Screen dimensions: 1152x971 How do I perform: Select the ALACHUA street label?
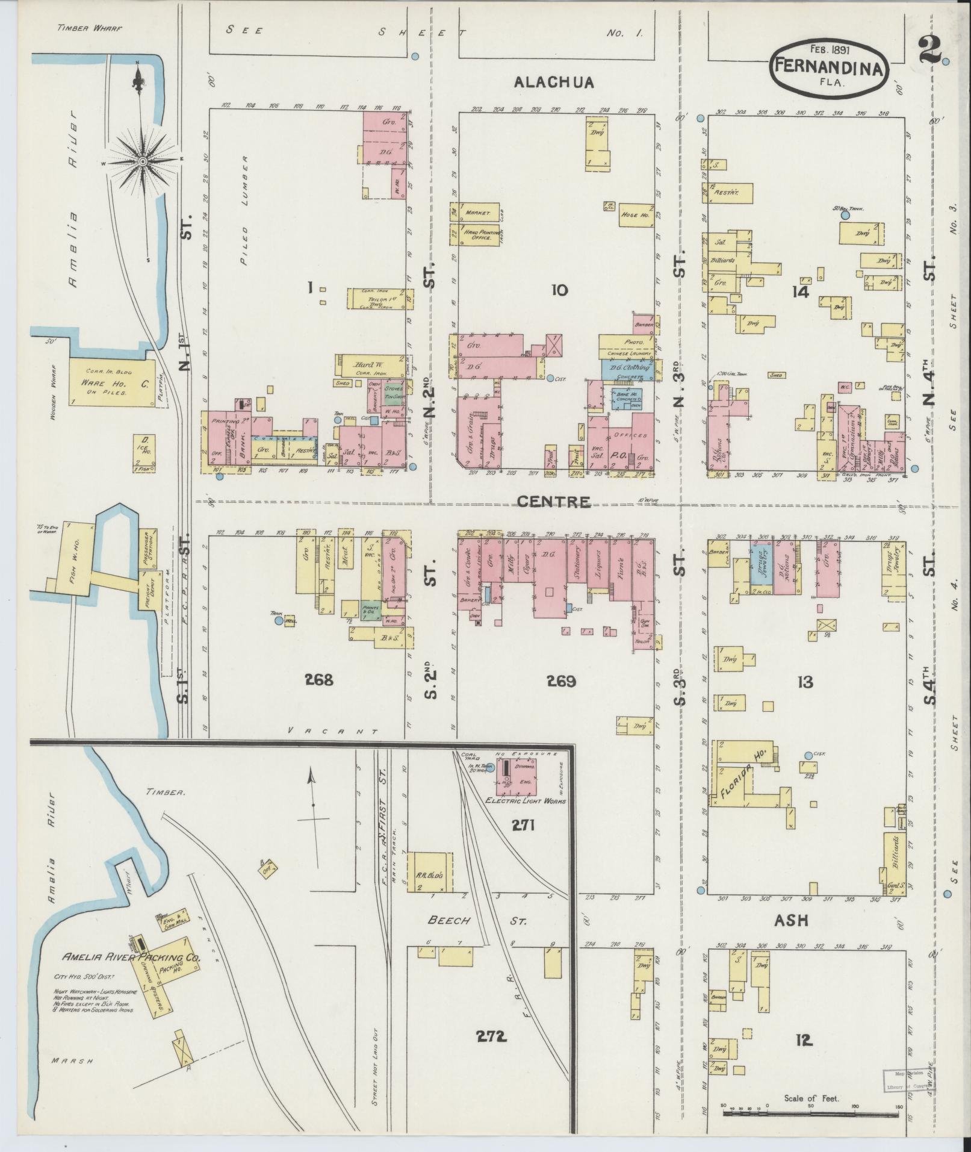pyautogui.click(x=554, y=83)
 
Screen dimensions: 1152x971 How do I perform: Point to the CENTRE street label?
pyautogui.click(x=553, y=501)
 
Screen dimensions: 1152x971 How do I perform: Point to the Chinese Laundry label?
pyautogui.click(x=625, y=353)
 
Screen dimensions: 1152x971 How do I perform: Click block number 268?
pyautogui.click(x=318, y=680)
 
